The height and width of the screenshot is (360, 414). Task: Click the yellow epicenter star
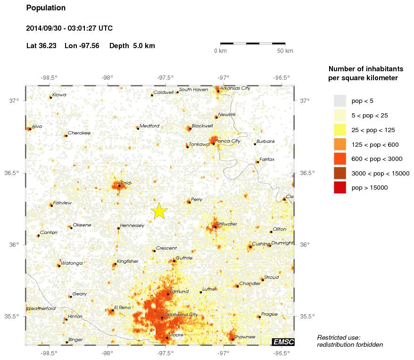159,211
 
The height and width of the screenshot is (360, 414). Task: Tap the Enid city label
125,183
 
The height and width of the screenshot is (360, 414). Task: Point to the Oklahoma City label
181,315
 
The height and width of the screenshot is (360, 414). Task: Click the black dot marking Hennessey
118,228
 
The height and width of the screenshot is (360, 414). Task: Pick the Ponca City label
228,141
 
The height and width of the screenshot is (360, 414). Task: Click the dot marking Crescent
154,251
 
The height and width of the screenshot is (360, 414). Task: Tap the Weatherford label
41,309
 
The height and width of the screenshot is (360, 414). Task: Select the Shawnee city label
244,337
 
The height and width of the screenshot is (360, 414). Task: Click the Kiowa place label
59,95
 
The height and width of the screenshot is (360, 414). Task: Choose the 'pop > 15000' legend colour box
340,188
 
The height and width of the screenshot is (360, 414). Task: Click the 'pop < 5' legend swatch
340,100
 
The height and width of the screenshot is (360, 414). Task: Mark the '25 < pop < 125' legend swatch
340,130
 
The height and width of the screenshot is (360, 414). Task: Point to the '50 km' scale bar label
285,51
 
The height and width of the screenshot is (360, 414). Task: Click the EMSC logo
283,342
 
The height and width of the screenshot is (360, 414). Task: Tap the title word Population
46,8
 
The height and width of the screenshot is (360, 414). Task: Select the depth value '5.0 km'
143,46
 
